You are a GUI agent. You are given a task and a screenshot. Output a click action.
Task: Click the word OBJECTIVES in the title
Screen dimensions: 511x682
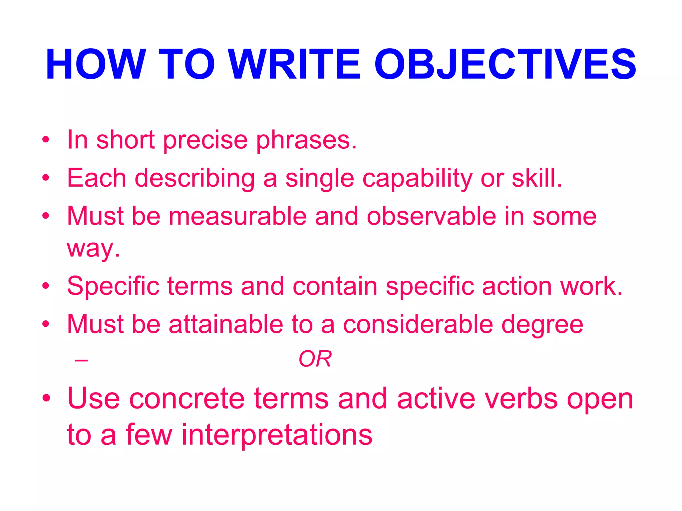[505, 65]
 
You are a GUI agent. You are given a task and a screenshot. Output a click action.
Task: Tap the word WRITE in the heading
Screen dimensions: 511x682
[295, 65]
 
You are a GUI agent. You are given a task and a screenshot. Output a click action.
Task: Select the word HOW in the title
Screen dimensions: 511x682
[96, 65]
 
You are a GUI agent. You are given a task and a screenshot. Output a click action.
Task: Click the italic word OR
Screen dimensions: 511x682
[315, 359]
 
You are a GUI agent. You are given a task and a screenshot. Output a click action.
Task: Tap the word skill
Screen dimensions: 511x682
[536, 178]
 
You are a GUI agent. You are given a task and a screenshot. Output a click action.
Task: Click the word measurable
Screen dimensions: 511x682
[238, 216]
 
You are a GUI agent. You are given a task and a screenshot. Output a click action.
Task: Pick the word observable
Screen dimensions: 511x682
[432, 216]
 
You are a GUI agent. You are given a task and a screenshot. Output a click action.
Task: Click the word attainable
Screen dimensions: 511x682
[226, 324]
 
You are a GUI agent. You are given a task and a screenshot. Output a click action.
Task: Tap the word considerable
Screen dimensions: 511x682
[418, 324]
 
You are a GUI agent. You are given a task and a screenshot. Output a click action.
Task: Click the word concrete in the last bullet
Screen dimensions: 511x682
[187, 399]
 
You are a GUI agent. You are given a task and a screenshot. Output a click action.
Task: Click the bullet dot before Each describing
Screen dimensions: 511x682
[46, 178]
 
